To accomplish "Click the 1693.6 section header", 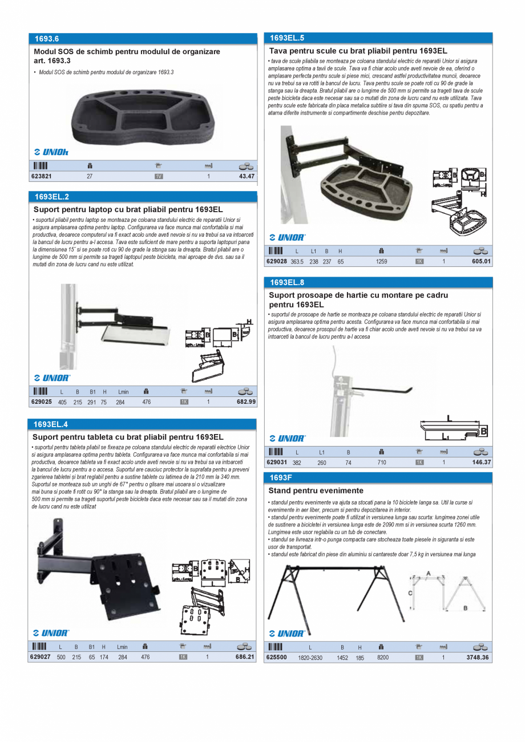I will [x=46, y=39].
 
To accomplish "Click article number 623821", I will [x=41, y=177].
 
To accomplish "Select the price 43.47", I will [x=247, y=177].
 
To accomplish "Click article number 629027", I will [x=41, y=657].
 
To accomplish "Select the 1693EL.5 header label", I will [x=287, y=38].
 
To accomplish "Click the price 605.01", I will [x=481, y=261].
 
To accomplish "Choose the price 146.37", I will [x=482, y=463].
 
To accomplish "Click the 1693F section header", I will [x=281, y=477].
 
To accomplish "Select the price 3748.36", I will [x=478, y=658].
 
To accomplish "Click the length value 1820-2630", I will [x=310, y=658].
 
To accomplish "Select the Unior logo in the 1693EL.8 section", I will [x=287, y=438].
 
